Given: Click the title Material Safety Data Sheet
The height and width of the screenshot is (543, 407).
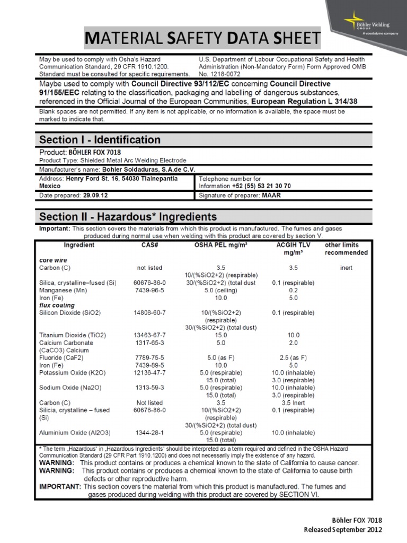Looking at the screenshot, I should click(x=203, y=39).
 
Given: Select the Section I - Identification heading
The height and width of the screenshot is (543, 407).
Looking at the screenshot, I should click(x=100, y=140).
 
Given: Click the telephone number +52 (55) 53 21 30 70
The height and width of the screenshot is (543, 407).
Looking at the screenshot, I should click(x=261, y=187).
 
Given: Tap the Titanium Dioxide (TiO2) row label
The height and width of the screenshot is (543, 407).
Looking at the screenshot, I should click(x=73, y=336).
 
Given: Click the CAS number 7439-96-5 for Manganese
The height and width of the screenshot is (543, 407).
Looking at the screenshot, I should click(x=149, y=291).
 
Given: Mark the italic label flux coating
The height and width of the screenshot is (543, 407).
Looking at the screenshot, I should click(x=57, y=305).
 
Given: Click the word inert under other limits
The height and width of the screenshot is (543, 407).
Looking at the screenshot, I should click(x=346, y=268).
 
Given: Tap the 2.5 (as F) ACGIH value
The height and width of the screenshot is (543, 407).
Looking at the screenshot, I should click(x=293, y=358).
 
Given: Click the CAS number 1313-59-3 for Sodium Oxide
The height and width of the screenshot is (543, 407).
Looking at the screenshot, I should click(x=149, y=388).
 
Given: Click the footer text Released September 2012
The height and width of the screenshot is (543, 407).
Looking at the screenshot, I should click(x=342, y=530).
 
